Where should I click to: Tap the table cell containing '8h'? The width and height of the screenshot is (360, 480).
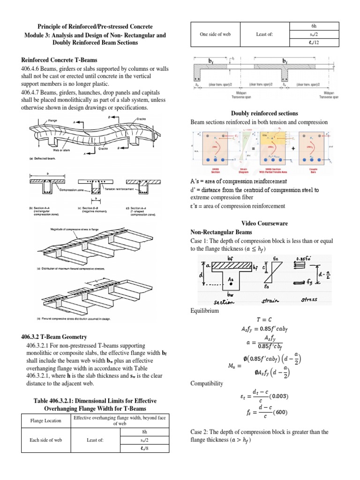(144, 432)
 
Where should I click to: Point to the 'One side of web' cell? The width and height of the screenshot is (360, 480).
(215, 34)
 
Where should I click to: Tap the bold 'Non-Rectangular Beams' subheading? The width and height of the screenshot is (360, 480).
(221, 232)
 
